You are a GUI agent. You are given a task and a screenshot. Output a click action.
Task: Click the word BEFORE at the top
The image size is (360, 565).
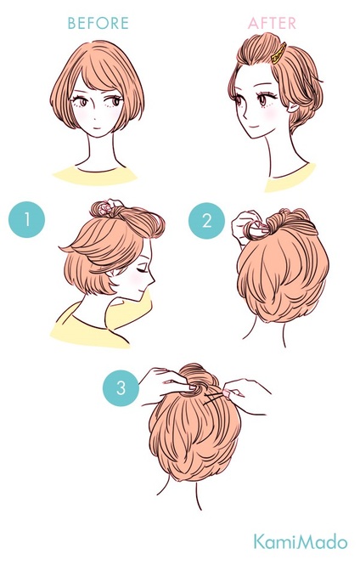click(98, 23)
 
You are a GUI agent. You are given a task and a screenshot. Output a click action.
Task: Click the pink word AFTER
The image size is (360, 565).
click(273, 24)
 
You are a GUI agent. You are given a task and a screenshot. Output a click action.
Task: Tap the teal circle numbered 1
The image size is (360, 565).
click(26, 219)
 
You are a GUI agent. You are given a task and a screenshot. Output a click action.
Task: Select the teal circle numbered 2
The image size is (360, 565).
click(206, 221)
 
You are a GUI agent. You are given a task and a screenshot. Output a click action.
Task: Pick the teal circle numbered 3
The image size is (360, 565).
click(121, 388)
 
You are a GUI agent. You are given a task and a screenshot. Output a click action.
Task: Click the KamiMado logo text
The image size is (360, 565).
click(301, 542)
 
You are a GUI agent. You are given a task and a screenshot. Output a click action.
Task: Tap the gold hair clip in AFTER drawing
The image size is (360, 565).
click(279, 54)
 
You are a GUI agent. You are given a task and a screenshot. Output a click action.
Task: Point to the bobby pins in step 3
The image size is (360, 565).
click(214, 399)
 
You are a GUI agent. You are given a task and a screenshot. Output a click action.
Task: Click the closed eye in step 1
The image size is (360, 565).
click(142, 268)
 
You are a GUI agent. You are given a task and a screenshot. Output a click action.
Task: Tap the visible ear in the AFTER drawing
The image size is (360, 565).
click(291, 107)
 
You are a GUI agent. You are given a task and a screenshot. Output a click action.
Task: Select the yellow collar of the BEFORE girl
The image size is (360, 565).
click(95, 176)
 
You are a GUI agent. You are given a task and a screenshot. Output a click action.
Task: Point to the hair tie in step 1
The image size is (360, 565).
click(107, 207)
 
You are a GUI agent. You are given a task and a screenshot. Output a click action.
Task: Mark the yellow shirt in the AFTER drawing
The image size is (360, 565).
click(290, 179)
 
